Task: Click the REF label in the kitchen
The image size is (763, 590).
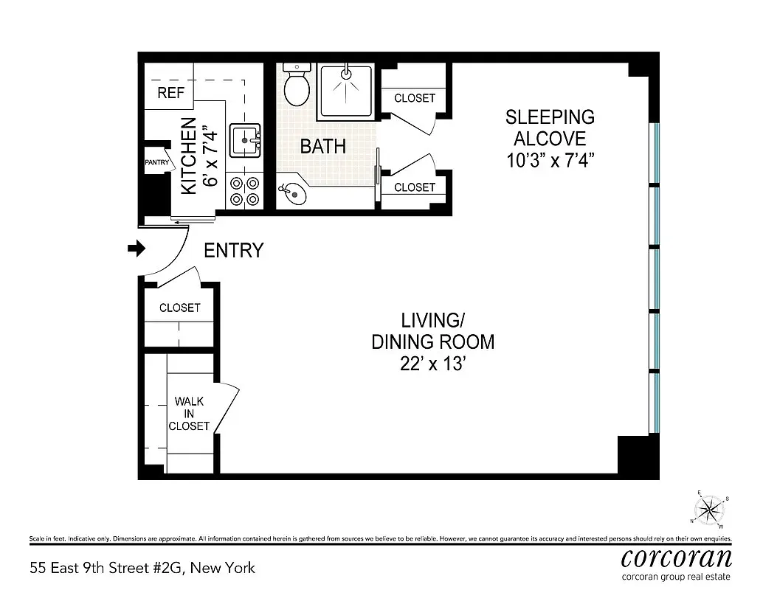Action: tap(170, 94)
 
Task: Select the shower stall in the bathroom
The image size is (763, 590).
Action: tap(346, 92)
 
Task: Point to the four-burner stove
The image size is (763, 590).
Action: tap(244, 190)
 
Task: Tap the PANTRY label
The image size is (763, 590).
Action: tap(156, 162)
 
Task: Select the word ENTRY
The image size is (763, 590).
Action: tap(233, 251)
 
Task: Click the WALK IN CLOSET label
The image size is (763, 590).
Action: tap(189, 414)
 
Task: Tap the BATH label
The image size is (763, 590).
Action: tap(322, 146)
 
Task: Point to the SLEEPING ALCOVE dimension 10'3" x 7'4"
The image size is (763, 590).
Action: tap(550, 160)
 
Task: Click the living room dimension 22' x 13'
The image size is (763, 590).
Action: tap(432, 364)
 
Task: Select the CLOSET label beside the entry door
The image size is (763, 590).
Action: tap(179, 308)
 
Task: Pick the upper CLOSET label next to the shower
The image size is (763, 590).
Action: tap(414, 98)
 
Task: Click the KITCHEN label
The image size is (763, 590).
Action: tap(190, 156)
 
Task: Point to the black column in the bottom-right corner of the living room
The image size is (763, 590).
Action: tap(635, 455)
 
